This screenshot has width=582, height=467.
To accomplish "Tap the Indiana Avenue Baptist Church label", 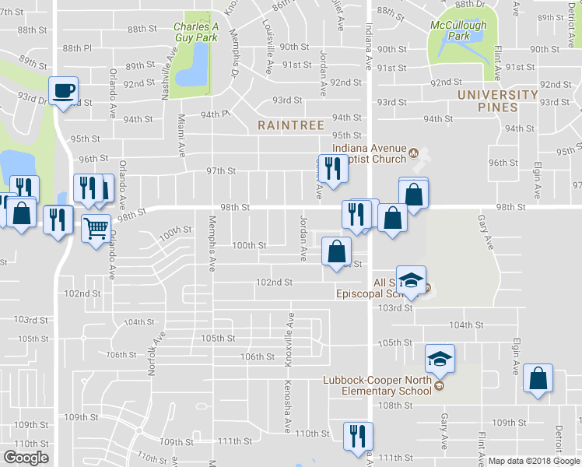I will pos(370,153).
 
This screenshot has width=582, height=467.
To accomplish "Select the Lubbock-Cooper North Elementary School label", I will pos(377,385).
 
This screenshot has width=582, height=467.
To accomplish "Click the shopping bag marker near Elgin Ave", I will pos(538,379).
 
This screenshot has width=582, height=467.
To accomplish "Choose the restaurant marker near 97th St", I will pos(333,168).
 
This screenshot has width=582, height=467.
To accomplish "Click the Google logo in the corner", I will pos(26,458).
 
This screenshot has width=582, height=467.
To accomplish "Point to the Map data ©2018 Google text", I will pos(534,461).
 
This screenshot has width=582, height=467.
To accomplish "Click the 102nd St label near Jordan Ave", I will pos(274,283).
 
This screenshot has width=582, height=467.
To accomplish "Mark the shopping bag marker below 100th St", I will pos(337,251).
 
